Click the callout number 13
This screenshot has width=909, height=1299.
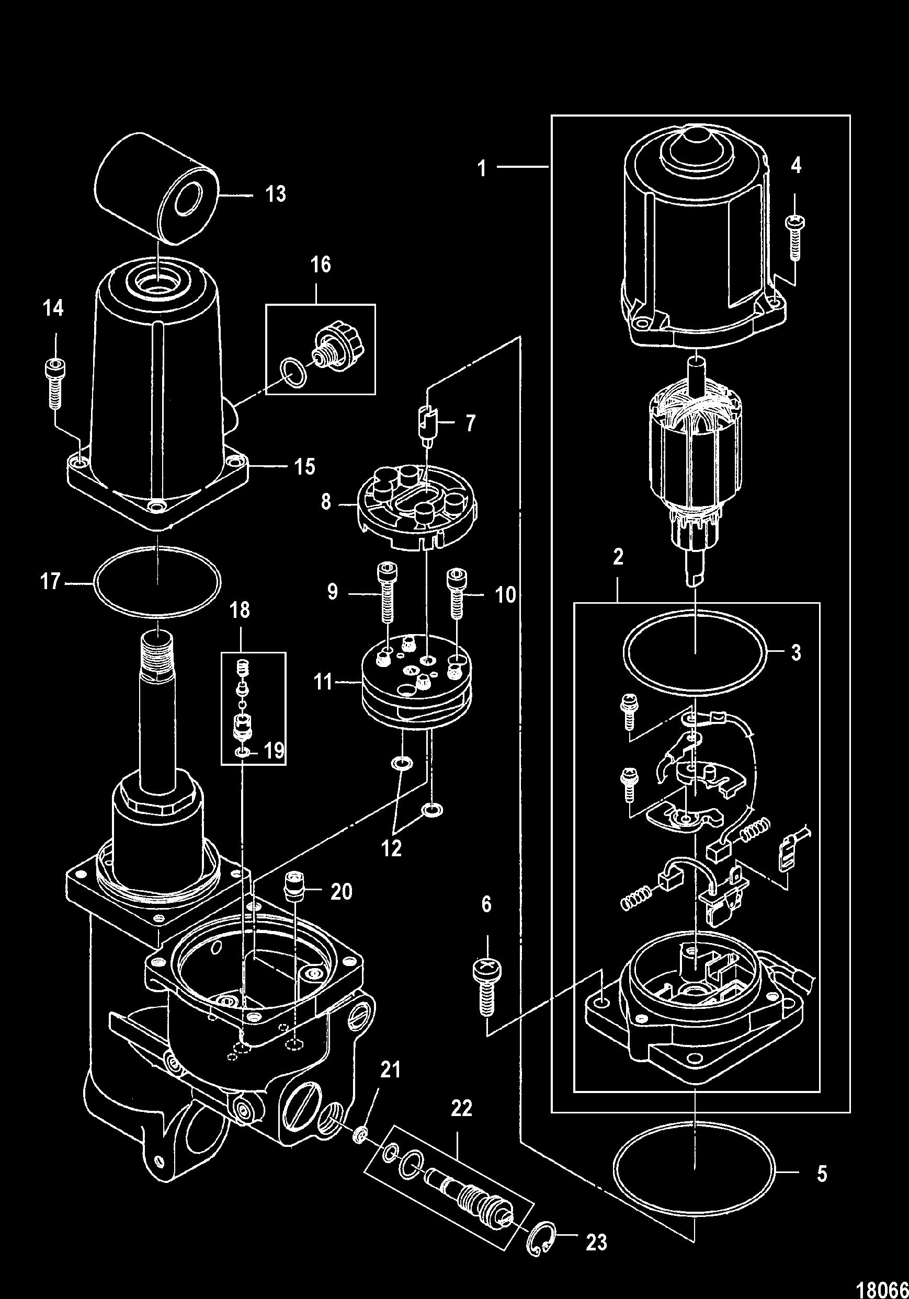coord(276,194)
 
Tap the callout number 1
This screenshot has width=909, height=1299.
coord(482,169)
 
